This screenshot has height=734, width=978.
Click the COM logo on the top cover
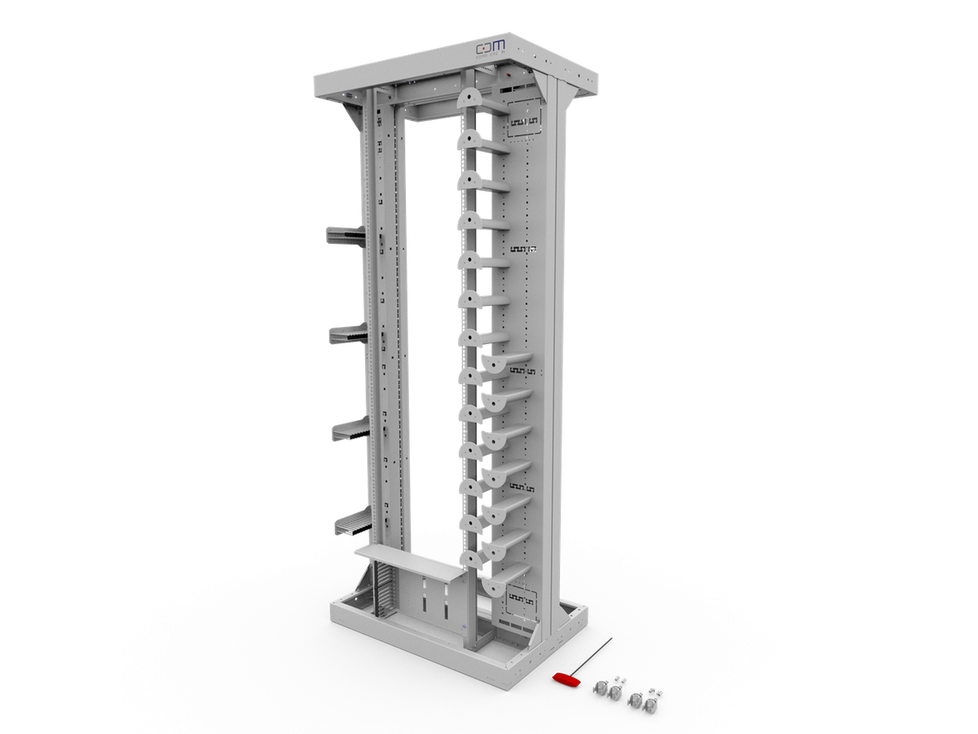(x=491, y=47)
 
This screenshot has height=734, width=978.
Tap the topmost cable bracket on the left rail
(x=346, y=235)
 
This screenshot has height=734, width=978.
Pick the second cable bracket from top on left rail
(x=348, y=334)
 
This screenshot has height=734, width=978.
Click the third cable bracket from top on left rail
(x=350, y=428)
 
